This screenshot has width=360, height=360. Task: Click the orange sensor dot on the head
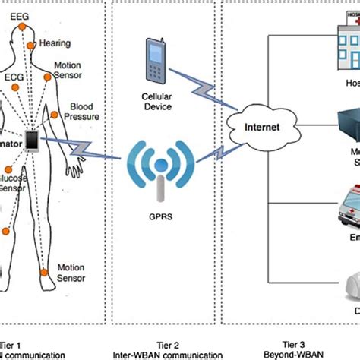tap(23, 28)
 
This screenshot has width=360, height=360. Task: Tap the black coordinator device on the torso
tap(32, 140)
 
